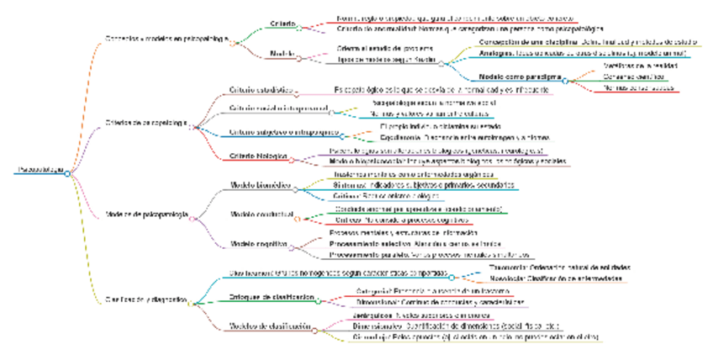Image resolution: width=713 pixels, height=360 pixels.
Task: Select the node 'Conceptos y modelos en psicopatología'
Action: (x=165, y=40)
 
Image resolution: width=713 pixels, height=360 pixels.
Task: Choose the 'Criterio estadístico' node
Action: (x=260, y=88)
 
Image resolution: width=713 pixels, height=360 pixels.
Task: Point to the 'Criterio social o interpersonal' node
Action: (x=277, y=109)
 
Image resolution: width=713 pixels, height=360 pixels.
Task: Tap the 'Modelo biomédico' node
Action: (x=261, y=184)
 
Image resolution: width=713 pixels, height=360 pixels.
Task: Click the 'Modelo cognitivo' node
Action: (x=259, y=244)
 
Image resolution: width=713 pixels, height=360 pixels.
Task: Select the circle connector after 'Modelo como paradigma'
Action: (x=566, y=80)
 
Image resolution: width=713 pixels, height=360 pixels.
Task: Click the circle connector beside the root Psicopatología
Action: (x=67, y=173)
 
